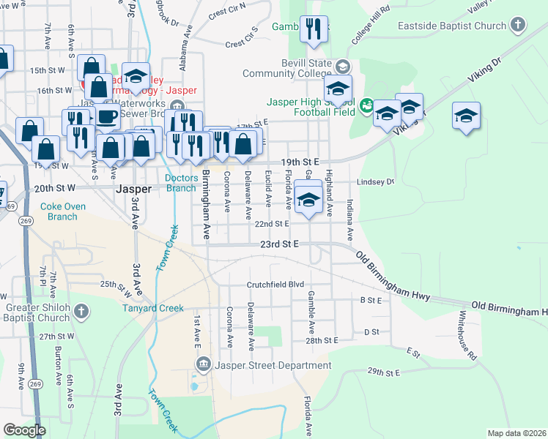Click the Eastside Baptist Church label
[x=452, y=26]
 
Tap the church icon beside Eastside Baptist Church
[x=517, y=26]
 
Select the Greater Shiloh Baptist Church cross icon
[x=81, y=312]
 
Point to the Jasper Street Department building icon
[x=203, y=364]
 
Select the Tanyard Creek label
[x=152, y=308]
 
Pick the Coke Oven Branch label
[x=63, y=211]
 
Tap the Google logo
[x=24, y=430]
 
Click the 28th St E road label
[x=321, y=341]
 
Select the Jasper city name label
[x=134, y=189]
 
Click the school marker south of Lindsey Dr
[x=309, y=200]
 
